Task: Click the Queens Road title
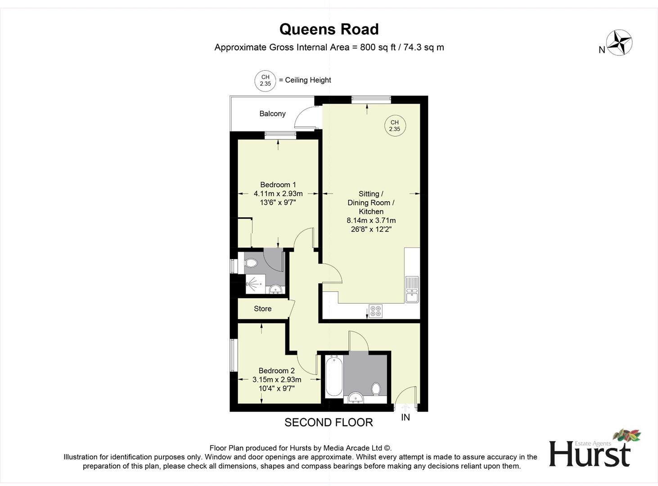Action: pyautogui.click(x=329, y=29)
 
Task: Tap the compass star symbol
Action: pyautogui.click(x=619, y=43)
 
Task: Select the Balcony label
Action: pyautogui.click(x=272, y=114)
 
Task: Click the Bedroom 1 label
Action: pyautogui.click(x=278, y=184)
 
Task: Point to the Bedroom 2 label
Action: pyautogui.click(x=276, y=371)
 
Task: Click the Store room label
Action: pyautogui.click(x=262, y=309)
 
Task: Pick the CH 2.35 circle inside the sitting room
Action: pyautogui.click(x=395, y=126)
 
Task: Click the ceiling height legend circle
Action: pyautogui.click(x=265, y=81)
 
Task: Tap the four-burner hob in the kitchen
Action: pyautogui.click(x=375, y=311)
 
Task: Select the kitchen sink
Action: pyautogui.click(x=412, y=289)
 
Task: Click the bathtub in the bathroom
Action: pyautogui.click(x=334, y=376)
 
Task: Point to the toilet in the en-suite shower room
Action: pyautogui.click(x=251, y=263)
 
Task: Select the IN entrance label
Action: pyautogui.click(x=406, y=418)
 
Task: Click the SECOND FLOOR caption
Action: pyautogui.click(x=329, y=423)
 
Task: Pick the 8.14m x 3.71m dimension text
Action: pyautogui.click(x=371, y=220)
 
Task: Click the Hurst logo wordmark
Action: pyautogui.click(x=590, y=454)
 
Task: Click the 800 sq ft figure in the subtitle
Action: pyautogui.click(x=378, y=47)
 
